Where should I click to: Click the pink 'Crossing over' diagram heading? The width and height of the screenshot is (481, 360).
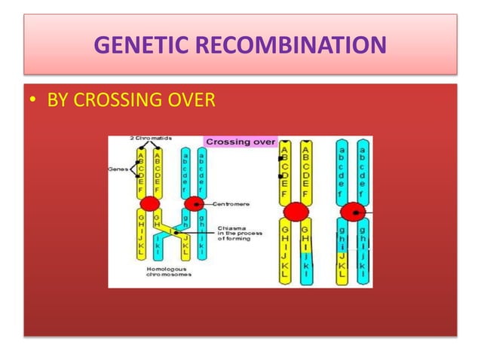click(x=240, y=142)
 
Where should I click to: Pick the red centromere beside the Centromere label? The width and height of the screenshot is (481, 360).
click(x=195, y=203)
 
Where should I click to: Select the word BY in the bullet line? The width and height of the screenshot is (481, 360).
click(x=59, y=99)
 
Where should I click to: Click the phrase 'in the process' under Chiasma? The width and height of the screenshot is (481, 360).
click(x=240, y=234)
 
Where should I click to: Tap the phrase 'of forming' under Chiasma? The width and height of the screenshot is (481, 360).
click(x=236, y=240)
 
